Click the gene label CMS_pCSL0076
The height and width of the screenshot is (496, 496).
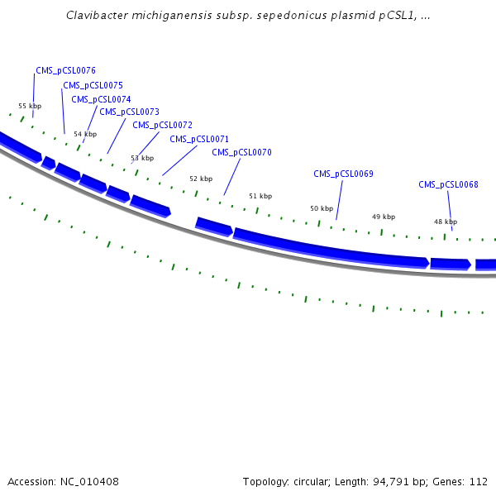[65, 71]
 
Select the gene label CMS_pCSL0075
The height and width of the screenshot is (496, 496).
[93, 85]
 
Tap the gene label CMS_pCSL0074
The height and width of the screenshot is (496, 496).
[101, 99]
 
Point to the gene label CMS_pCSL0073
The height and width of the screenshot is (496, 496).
[129, 112]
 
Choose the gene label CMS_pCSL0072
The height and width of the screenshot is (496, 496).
[162, 125]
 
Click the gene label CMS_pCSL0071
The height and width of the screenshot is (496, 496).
[199, 139]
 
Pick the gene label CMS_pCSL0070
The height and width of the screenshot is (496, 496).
[241, 152]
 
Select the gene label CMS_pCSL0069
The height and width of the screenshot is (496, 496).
[343, 174]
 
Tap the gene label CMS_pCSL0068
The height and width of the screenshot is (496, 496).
[448, 184]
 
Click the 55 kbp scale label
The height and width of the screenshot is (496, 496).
[30, 106]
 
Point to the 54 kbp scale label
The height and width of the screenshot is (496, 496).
[84, 134]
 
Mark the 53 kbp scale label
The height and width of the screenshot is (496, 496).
[142, 158]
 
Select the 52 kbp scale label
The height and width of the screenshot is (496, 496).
[201, 179]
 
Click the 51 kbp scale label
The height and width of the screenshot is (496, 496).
[260, 196]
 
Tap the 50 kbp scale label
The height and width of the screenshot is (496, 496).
[322, 209]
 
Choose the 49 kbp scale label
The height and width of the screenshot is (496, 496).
[384, 217]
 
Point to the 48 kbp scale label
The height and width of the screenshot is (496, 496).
[446, 222]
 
